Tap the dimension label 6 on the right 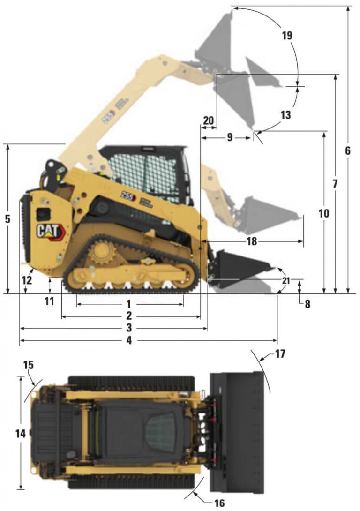pos(347,151)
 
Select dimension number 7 pos(335,184)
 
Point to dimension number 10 pos(324,214)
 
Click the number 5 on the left pos(8,219)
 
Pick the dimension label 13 pos(285,115)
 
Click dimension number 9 pos(229,137)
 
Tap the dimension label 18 pos(252,241)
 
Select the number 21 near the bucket pos(286,280)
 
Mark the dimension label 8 pos(307,303)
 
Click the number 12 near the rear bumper pos(27,280)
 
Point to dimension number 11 pos(49,301)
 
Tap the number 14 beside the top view pos(20,434)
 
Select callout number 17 pos(280,353)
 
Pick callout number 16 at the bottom pos(219,503)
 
